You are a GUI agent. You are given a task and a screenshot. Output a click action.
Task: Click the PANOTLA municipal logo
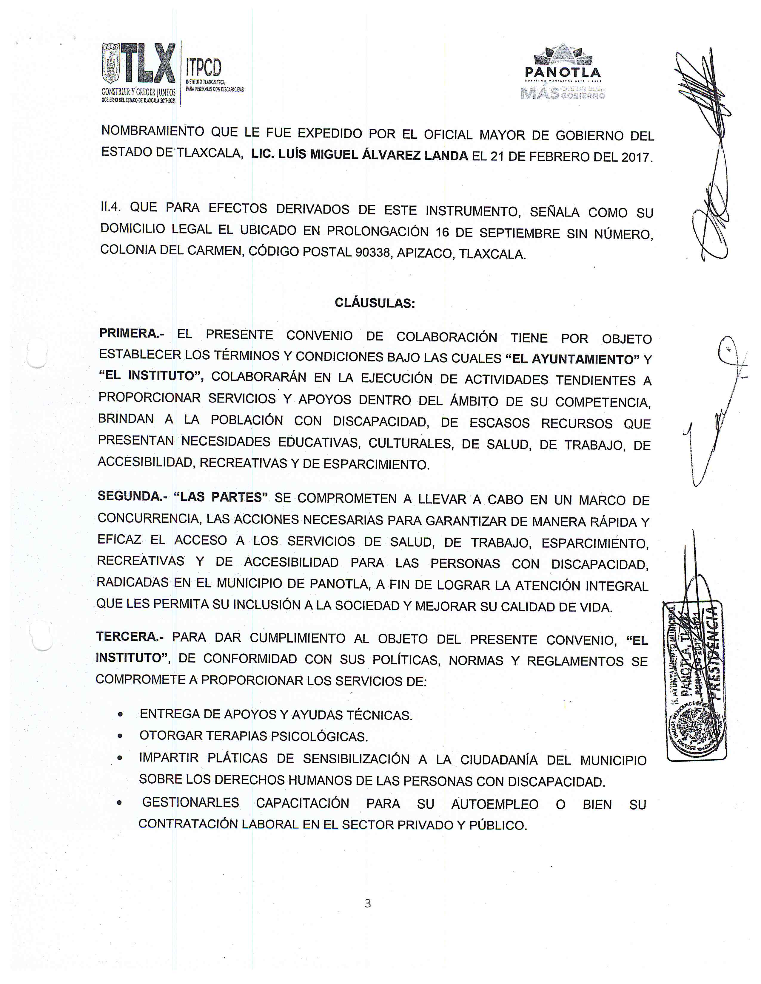[563, 71]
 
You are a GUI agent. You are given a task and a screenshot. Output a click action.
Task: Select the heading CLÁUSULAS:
[375, 303]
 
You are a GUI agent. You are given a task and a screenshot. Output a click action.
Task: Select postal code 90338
[372, 252]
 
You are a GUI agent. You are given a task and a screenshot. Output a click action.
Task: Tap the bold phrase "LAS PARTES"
[221, 497]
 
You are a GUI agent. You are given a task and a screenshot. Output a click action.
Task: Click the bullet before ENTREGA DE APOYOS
[120, 714]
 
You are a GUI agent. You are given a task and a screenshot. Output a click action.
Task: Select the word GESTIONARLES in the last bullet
[190, 802]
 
